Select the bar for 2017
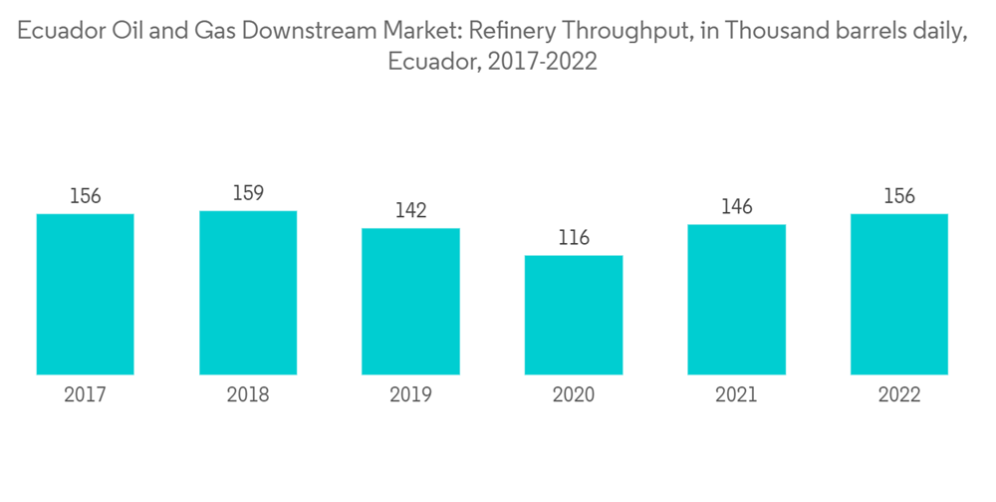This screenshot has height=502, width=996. point(86,294)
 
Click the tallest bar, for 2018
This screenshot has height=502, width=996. point(248,293)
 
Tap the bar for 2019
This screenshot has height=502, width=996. point(410,301)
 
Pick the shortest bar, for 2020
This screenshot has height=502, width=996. point(574,315)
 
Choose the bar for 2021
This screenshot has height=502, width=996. point(736,299)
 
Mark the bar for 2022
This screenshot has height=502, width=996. point(899,294)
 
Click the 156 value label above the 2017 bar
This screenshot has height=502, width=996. point(86,196)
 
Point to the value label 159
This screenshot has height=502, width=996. point(248,192)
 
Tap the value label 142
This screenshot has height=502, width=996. point(410,210)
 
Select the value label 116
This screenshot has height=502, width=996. point(574,238)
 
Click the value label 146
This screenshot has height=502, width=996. point(736,206)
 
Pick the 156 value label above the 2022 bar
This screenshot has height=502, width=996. point(899,196)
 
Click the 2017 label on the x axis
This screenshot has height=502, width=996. point(86,395)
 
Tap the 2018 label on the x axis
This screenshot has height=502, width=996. point(248,395)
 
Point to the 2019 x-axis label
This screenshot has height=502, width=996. point(410,395)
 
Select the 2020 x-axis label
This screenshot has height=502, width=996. point(574,395)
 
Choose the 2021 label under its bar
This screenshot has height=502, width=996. point(736,395)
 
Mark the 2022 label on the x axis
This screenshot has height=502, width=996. point(899,395)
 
